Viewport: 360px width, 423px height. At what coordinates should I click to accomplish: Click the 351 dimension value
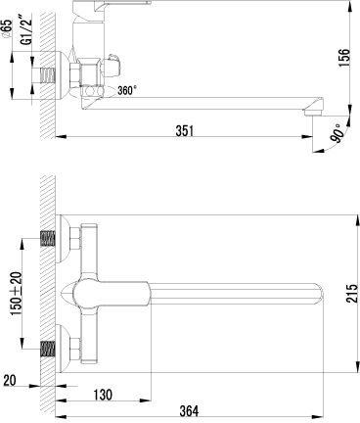tap(185, 130)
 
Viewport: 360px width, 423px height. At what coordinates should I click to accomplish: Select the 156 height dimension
tap(343, 58)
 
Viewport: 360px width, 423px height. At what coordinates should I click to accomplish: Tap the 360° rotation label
tap(127, 90)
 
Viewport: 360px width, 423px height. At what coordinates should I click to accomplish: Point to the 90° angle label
tap(337, 133)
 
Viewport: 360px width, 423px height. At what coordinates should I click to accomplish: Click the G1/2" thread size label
tap(28, 28)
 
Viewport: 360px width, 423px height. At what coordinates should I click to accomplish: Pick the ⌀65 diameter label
tap(7, 28)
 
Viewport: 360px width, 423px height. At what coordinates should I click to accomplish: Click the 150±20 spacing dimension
tap(17, 293)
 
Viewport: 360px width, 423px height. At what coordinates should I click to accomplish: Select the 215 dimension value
tap(352, 294)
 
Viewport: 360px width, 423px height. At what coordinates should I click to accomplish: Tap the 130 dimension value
tap(103, 395)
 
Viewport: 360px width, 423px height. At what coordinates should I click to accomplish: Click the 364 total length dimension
tap(189, 411)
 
